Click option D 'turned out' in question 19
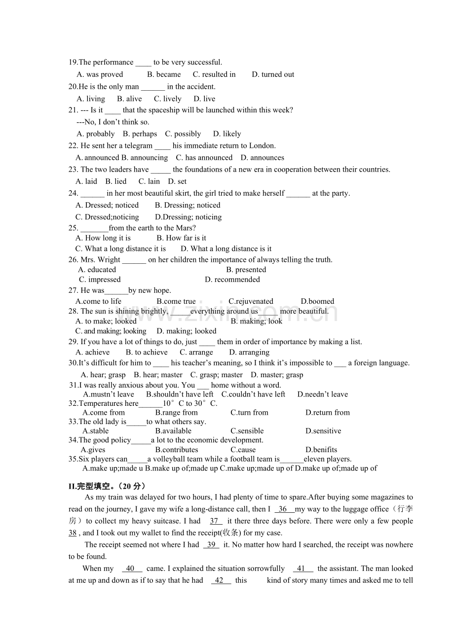pos(273,74)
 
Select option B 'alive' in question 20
pos(129,99)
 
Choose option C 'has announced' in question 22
pos(204,158)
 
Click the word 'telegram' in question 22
pos(139,145)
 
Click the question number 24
pos(74,193)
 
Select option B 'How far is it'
pos(181,238)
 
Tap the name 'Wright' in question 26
pos(110,260)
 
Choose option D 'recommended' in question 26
pos(232,280)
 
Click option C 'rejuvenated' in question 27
pos(251,301)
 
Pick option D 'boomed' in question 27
pos(317,301)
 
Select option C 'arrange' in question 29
pos(196,353)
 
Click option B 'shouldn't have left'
pos(180,394)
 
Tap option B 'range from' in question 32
pos(176,413)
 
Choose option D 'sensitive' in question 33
pos(323,431)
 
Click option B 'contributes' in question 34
pos(177,450)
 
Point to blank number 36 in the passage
pos(283,509)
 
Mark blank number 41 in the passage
pos(302,569)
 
